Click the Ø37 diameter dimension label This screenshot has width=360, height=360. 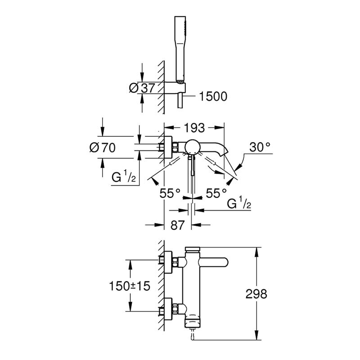pos(142,88)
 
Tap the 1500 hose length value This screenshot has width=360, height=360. pos(213,96)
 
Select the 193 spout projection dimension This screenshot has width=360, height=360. pos(194,128)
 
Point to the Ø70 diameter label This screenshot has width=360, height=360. pos(103,148)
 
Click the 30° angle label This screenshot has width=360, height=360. pos(260,147)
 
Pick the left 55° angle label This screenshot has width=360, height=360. pos(170,193)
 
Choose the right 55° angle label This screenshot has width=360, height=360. pos(216,193)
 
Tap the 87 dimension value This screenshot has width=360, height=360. pos(177,225)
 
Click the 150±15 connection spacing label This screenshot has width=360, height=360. pos(130,286)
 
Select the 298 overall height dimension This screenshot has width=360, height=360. pos(256,294)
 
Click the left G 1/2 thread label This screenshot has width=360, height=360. pos(123,177)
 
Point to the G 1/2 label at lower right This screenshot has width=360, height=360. pos(239,203)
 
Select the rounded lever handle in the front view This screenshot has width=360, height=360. pos(213,262)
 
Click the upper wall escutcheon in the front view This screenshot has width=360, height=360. pos(168,262)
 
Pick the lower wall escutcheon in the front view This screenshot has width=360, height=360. pos(168,309)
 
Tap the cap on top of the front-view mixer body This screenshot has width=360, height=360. pos(193,249)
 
